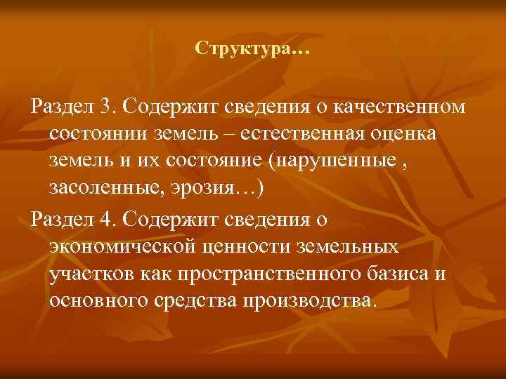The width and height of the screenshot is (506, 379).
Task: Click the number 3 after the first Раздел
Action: click(x=105, y=106)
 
